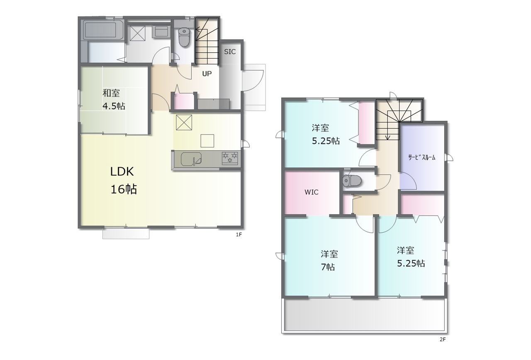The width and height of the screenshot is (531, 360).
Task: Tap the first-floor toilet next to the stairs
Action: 184,37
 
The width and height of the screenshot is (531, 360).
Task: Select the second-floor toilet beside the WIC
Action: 352,181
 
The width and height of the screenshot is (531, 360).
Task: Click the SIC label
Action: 230,52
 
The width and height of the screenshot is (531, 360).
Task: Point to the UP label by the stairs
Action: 207,74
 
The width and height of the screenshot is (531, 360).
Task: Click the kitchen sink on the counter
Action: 191,159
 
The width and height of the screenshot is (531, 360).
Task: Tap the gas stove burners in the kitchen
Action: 230,158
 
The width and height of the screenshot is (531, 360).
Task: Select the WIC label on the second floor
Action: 312,192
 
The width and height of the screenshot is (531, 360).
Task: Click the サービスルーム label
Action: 422,157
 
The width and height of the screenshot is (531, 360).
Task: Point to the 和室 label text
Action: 111,93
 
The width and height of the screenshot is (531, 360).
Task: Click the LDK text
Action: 122,171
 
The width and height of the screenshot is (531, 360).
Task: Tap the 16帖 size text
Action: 124,190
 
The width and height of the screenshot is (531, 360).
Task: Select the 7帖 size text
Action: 328,267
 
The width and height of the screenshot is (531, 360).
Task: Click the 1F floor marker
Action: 239,235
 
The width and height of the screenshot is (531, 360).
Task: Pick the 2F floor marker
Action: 443,340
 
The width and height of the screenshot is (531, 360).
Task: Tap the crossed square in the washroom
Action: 137,33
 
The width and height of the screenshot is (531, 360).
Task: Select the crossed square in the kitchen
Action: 184,122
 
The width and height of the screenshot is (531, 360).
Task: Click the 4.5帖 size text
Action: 114,106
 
